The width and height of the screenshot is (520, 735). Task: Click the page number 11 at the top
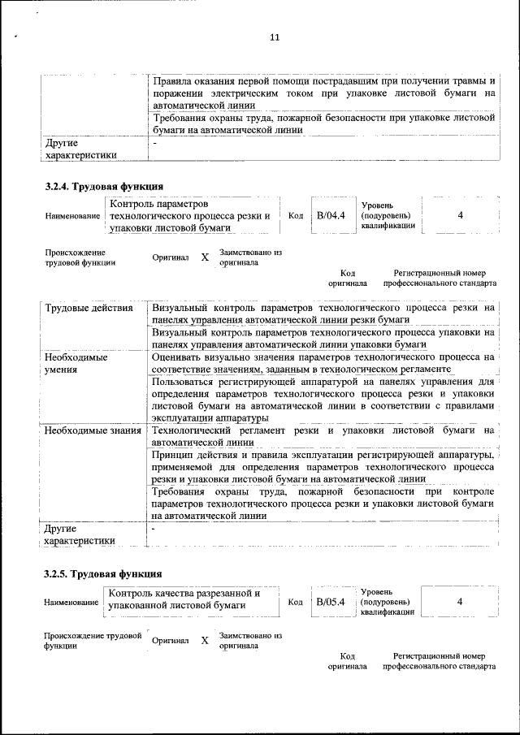coord(274,37)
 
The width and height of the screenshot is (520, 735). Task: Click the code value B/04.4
coord(331,215)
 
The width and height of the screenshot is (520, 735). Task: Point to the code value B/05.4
coord(331,602)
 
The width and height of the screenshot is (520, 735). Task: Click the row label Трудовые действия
coord(89,309)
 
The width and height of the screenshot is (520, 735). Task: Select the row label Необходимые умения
coord(76,362)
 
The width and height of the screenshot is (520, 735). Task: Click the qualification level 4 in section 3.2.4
coord(460,215)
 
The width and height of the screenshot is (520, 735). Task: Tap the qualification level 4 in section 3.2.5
coord(460,602)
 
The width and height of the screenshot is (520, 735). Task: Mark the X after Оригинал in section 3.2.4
coord(205,257)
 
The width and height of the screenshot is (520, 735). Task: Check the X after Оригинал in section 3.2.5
coord(205,640)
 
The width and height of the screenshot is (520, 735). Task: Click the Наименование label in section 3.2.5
coord(71,603)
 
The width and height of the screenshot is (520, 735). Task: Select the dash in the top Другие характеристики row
coord(154,143)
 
